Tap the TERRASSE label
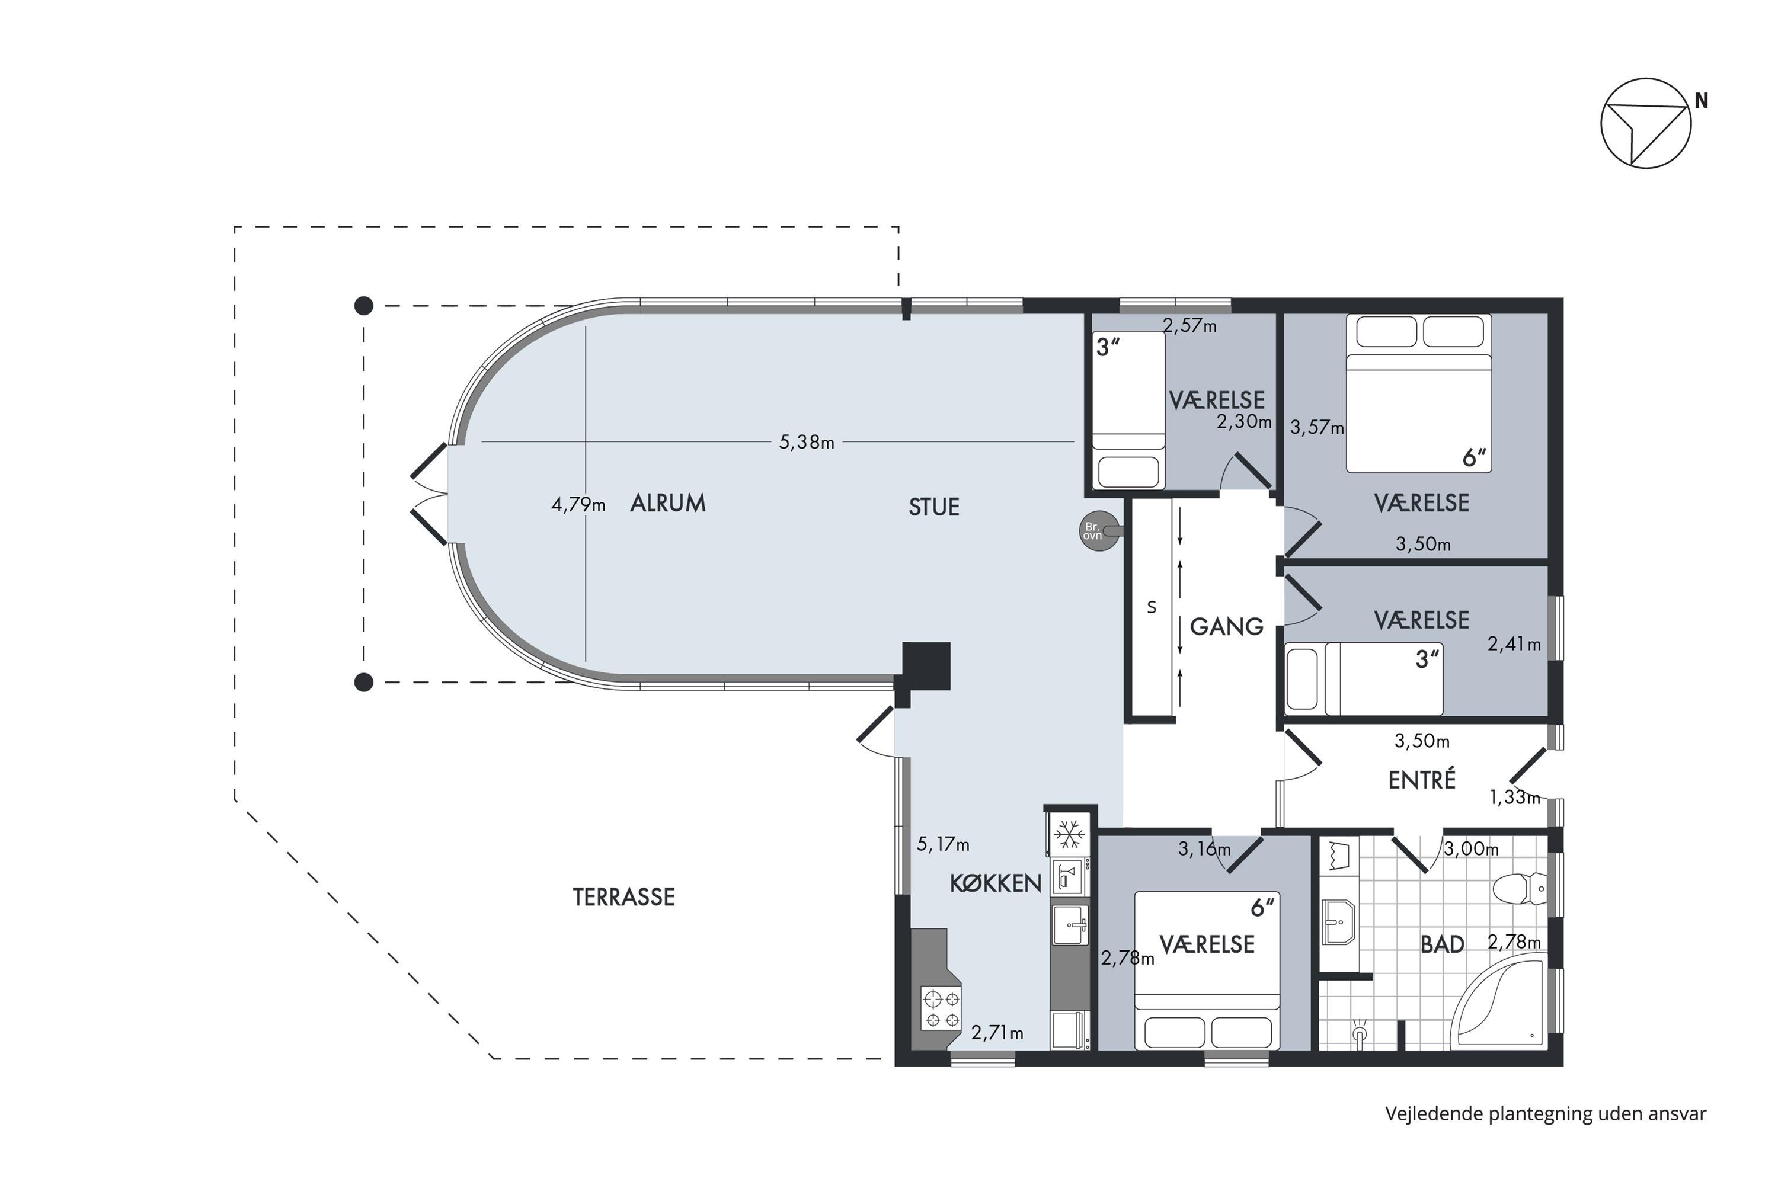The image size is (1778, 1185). (623, 897)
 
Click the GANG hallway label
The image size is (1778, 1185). (1226, 626)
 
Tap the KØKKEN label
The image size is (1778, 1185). (996, 883)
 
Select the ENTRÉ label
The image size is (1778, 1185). (1422, 779)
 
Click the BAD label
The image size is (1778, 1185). (1443, 944)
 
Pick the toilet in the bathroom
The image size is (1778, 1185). (1520, 889)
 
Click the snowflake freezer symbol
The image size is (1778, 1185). (1070, 835)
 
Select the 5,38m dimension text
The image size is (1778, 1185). (807, 442)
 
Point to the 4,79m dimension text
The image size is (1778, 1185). (578, 504)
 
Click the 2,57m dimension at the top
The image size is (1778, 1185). (1189, 326)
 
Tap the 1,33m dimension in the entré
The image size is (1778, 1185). (1514, 798)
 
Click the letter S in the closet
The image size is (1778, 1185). (1152, 607)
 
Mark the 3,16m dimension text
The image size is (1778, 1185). (1204, 848)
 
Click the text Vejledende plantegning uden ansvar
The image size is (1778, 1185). (1545, 1114)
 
